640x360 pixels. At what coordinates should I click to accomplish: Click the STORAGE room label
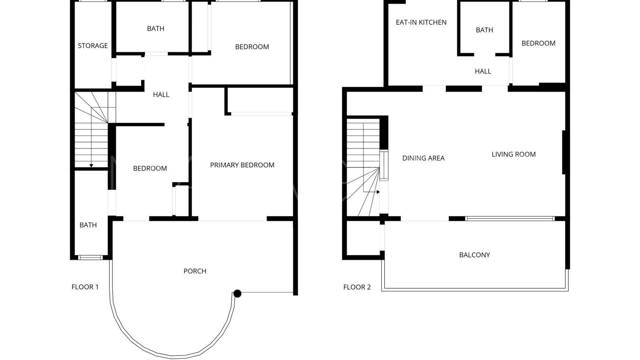click(93, 46)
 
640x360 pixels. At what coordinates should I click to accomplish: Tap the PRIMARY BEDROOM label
click(242, 165)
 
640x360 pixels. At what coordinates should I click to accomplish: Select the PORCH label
click(195, 271)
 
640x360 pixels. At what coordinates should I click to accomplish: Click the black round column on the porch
click(237, 293)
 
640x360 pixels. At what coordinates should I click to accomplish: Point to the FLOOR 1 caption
click(85, 287)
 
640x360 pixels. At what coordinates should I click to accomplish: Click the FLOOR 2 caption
click(357, 287)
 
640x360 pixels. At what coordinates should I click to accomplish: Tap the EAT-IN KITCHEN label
click(421, 22)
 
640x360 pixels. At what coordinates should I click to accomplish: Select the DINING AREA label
click(423, 158)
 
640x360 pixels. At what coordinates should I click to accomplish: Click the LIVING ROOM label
click(513, 154)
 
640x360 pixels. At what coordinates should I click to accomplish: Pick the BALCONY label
click(474, 255)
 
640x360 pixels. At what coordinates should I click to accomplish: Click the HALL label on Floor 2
click(483, 71)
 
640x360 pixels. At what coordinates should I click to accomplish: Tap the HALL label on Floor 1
click(161, 95)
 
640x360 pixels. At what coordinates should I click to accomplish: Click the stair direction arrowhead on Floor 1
click(91, 166)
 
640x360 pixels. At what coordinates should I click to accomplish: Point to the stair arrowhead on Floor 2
click(378, 192)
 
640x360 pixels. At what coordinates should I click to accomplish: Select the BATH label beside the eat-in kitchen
click(484, 30)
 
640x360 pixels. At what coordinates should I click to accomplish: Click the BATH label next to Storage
click(156, 29)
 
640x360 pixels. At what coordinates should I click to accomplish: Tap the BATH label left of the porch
click(88, 225)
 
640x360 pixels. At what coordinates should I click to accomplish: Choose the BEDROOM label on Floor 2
click(538, 43)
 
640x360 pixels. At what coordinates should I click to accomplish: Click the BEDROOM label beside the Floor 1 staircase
click(150, 168)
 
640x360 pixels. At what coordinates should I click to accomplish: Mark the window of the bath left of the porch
click(90, 257)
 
